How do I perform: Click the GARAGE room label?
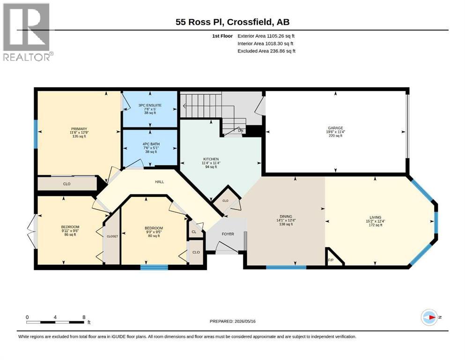pyautogui.click(x=335, y=128)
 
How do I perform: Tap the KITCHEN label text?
pyautogui.click(x=211, y=159)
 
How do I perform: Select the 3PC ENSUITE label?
pyautogui.click(x=150, y=105)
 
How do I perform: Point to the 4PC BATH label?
pyautogui.click(x=151, y=144)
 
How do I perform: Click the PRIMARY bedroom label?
pyautogui.click(x=79, y=129)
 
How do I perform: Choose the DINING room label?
pyautogui.click(x=286, y=217)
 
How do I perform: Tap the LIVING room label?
pyautogui.click(x=376, y=217)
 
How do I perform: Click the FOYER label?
pyautogui.click(x=228, y=234)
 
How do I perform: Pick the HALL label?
pyautogui.click(x=160, y=181)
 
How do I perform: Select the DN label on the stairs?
pyautogui.click(x=240, y=130)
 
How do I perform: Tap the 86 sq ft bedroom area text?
pyautogui.click(x=70, y=235)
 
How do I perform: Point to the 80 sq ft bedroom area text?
pyautogui.click(x=154, y=236)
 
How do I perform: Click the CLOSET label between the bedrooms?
pyautogui.click(x=112, y=236)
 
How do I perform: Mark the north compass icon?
pyautogui.click(x=429, y=317)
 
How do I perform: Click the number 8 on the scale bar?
pyautogui.click(x=84, y=317)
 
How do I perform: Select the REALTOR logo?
pyautogui.click(x=27, y=32)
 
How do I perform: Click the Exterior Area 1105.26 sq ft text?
pyautogui.click(x=266, y=36)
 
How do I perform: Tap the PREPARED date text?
pyautogui.click(x=232, y=321)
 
